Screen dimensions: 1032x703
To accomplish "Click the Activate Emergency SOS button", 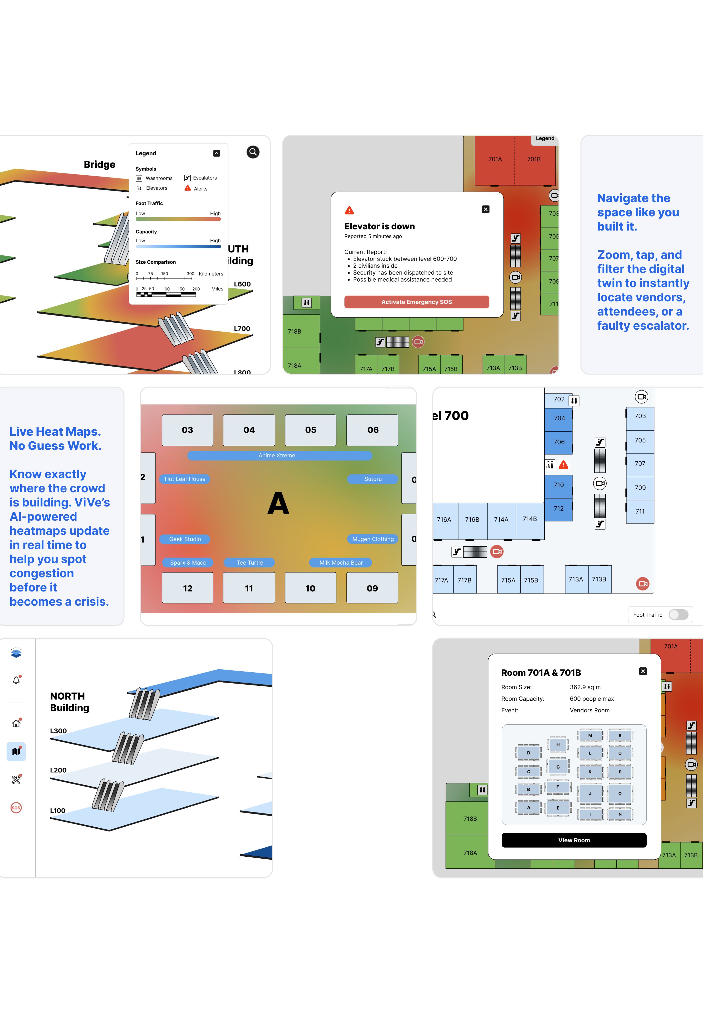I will pyautogui.click(x=416, y=302).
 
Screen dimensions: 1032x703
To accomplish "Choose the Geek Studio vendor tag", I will pyautogui.click(x=185, y=539).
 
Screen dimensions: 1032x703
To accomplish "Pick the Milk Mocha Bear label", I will pyautogui.click(x=341, y=563).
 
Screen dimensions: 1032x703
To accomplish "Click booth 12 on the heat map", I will pyautogui.click(x=187, y=588).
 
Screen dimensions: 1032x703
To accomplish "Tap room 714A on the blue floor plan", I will pyautogui.click(x=501, y=520).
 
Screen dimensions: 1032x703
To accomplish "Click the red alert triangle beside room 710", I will pyautogui.click(x=563, y=465).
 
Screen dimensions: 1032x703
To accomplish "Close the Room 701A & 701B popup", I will pyautogui.click(x=643, y=671).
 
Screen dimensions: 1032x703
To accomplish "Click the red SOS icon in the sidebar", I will pyautogui.click(x=16, y=808).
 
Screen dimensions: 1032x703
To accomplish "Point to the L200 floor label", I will pyautogui.click(x=58, y=770).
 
